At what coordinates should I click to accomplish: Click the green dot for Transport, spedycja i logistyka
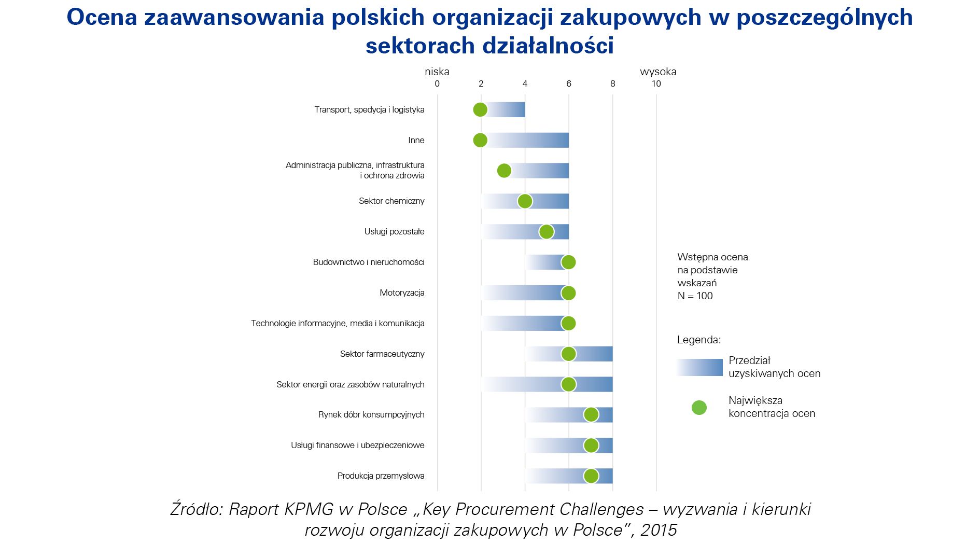480,110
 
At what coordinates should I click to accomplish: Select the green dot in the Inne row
480,141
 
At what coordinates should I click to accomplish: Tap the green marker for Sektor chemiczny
525,201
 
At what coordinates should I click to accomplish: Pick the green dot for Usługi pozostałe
547,232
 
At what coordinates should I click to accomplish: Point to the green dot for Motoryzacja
568,293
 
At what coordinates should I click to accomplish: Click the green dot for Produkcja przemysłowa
591,476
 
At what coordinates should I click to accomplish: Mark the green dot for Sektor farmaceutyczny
568,354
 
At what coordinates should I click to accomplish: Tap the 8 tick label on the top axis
612,84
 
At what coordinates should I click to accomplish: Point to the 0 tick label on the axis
437,84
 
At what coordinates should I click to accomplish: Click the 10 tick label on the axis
656,84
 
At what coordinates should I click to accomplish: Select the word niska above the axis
437,72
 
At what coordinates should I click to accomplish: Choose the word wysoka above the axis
658,72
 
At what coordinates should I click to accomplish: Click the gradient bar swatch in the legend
699,367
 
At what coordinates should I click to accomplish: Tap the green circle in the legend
699,408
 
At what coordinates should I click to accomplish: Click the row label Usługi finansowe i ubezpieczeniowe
357,445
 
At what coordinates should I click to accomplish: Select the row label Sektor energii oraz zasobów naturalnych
350,385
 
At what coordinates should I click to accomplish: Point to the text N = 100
695,296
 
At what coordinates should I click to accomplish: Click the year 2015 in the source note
659,530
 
